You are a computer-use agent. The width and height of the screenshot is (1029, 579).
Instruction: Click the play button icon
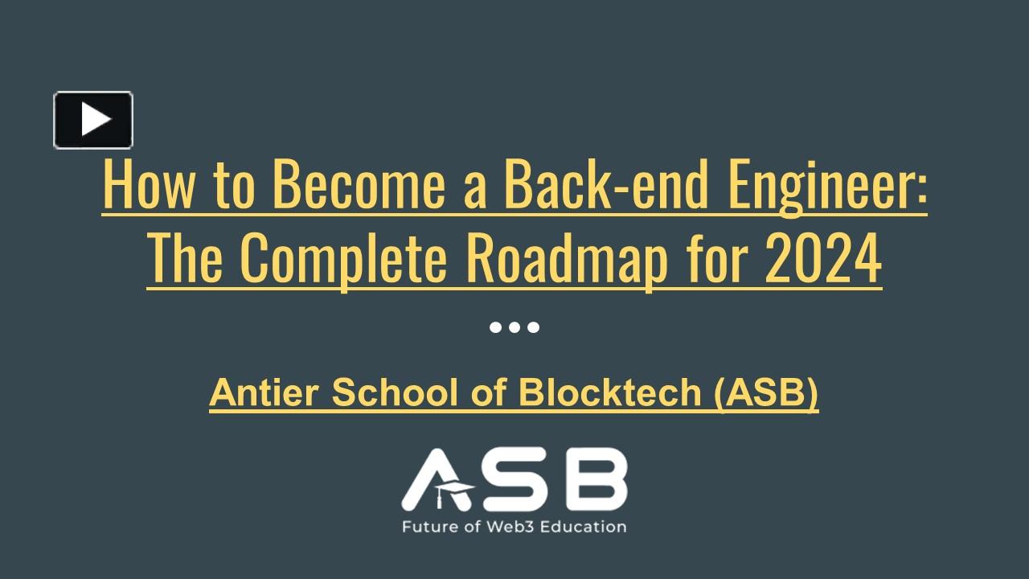(x=93, y=120)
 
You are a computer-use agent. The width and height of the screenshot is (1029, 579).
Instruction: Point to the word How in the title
(x=139, y=186)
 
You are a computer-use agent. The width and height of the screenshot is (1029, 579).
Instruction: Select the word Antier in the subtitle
(x=264, y=392)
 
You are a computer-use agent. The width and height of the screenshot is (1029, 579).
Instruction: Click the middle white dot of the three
(x=514, y=327)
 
